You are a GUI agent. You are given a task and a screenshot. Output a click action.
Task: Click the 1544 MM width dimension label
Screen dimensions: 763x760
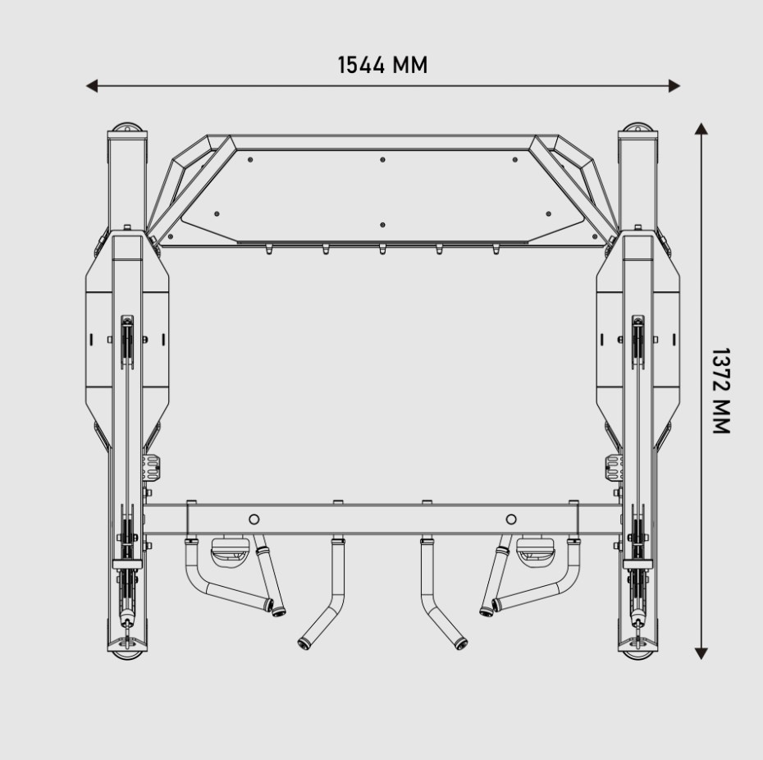[382, 65]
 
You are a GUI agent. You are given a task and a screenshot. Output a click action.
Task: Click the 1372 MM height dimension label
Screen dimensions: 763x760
[720, 391]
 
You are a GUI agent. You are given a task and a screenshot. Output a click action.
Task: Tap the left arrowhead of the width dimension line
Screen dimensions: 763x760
[92, 86]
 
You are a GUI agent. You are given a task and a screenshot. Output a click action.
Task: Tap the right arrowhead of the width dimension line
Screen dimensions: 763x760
[674, 86]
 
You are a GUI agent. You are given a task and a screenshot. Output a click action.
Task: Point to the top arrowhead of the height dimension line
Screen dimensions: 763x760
[701, 129]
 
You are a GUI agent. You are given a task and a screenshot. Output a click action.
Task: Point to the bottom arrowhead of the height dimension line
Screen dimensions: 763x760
[701, 653]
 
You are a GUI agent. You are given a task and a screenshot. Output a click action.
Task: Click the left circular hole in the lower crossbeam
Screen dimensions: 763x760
[254, 520]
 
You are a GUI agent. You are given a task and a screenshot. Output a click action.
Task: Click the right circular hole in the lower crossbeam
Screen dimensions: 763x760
[511, 520]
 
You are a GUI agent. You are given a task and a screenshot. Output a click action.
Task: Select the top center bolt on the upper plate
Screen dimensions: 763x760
[382, 160]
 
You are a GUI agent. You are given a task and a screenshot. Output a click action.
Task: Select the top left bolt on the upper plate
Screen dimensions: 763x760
[250, 160]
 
